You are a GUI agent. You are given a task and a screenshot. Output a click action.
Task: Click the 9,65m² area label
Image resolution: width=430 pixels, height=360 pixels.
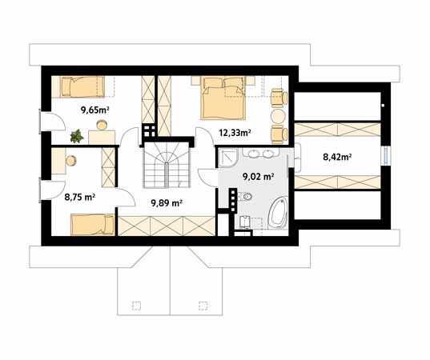tap(94, 110)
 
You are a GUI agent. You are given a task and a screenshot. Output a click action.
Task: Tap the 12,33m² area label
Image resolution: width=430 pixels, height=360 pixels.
tap(235, 133)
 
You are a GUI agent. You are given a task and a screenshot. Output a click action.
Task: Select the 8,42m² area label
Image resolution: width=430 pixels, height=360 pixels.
tap(338, 157)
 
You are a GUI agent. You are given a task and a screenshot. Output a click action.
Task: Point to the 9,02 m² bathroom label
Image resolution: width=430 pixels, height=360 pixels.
tap(259, 177)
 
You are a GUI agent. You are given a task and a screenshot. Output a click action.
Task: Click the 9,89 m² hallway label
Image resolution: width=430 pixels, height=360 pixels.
tap(167, 203)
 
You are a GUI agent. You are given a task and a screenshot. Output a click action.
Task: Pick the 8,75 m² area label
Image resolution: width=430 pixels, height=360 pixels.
tap(80, 197)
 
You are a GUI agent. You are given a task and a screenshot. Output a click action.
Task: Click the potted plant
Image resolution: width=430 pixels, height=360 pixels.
tap(77, 136)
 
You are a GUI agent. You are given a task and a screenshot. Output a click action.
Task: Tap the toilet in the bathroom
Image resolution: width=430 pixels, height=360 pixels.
tap(245, 197)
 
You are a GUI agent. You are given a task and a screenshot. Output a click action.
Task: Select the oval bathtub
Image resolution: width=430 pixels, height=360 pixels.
tap(277, 213)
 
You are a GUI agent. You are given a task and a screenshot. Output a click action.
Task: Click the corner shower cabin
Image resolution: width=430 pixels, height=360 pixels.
tap(227, 158)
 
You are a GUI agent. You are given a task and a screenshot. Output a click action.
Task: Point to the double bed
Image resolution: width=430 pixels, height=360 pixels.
tap(223, 98)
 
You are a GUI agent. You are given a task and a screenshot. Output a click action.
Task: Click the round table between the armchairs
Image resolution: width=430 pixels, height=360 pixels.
tap(279, 117)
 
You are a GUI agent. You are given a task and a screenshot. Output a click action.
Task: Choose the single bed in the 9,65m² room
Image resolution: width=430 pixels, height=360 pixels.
tap(82, 86)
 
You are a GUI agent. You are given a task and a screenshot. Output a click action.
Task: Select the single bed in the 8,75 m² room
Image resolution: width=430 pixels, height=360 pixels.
tap(93, 225)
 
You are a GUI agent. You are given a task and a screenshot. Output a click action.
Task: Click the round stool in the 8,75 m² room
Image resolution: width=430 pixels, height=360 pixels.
tap(71, 161)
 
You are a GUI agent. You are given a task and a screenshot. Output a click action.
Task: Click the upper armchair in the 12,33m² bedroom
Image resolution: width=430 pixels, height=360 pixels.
tap(279, 98)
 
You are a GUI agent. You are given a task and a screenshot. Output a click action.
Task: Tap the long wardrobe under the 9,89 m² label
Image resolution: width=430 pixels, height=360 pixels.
tap(167, 226)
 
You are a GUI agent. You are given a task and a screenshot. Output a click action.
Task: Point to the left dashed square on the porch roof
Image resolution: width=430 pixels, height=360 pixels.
tap(136, 306)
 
